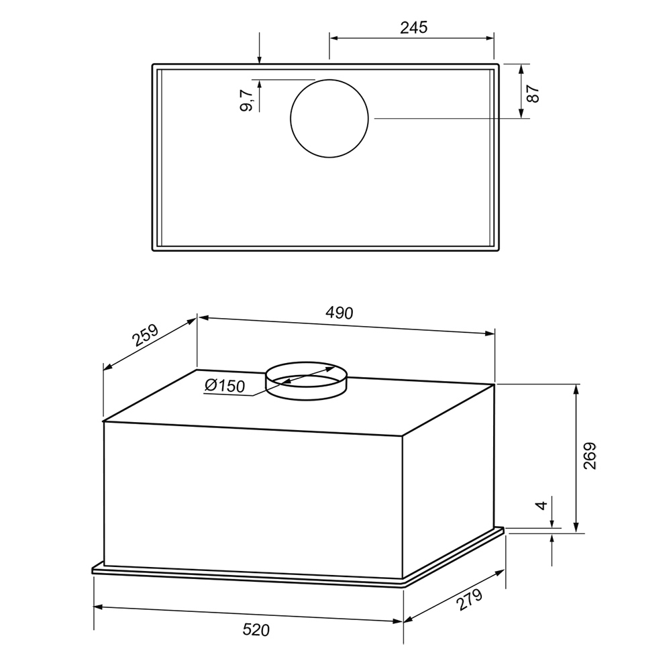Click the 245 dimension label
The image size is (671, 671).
pos(414,28)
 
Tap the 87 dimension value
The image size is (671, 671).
pos(533,94)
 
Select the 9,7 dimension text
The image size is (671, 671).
pos(246,101)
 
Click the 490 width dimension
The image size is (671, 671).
pos(340,313)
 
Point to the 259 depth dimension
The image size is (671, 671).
pos(145,335)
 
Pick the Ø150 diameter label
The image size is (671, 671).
pos(225,386)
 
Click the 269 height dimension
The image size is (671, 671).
pos(590,456)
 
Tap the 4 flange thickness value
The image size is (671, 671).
pos(541,505)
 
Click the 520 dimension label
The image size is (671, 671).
pos(256,630)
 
